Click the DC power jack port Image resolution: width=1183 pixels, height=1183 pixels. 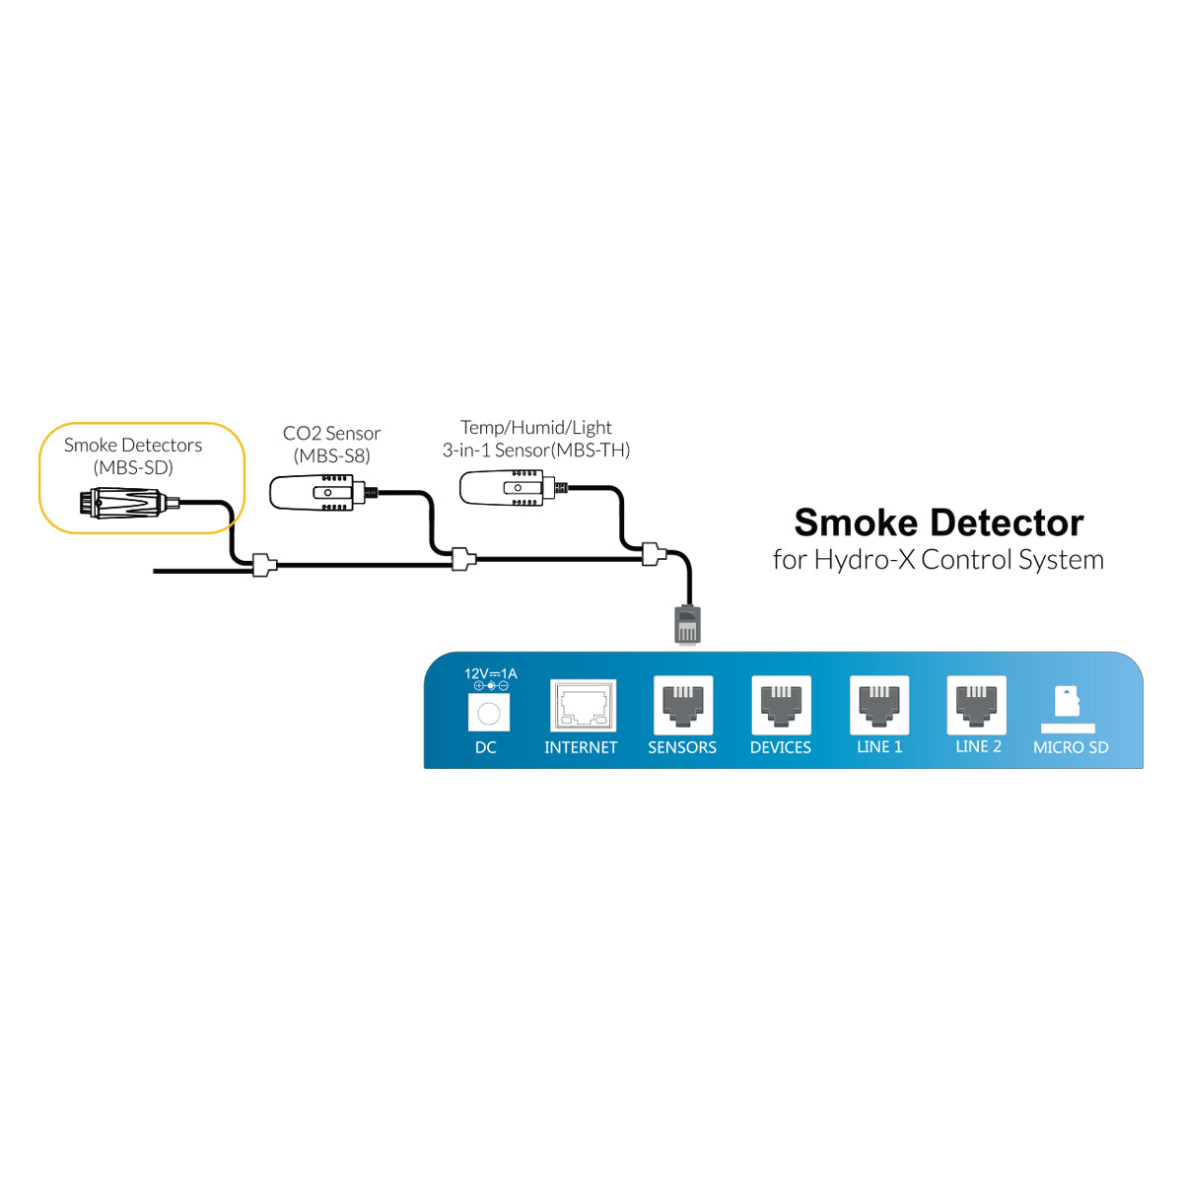click(489, 713)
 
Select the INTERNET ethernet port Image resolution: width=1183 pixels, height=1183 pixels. click(583, 706)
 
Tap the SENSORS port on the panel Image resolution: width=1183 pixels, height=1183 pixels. click(682, 705)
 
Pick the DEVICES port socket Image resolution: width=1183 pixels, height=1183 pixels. click(781, 705)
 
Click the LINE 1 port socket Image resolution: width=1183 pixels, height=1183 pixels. click(879, 705)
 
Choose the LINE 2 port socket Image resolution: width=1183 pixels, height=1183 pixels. click(976, 705)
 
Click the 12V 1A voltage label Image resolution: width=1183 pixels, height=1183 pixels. click(491, 673)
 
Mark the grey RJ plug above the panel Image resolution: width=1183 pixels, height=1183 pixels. click(687, 625)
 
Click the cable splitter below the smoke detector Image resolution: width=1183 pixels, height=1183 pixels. click(264, 565)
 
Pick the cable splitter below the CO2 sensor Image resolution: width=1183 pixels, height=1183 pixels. click(463, 559)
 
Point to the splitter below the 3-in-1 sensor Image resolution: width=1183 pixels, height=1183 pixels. click(654, 554)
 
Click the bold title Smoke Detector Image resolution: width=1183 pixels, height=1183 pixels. click(939, 522)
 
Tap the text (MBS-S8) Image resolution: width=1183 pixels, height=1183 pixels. click(331, 455)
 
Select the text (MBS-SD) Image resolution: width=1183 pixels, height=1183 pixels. click(133, 467)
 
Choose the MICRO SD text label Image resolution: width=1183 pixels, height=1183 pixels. click(1071, 747)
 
